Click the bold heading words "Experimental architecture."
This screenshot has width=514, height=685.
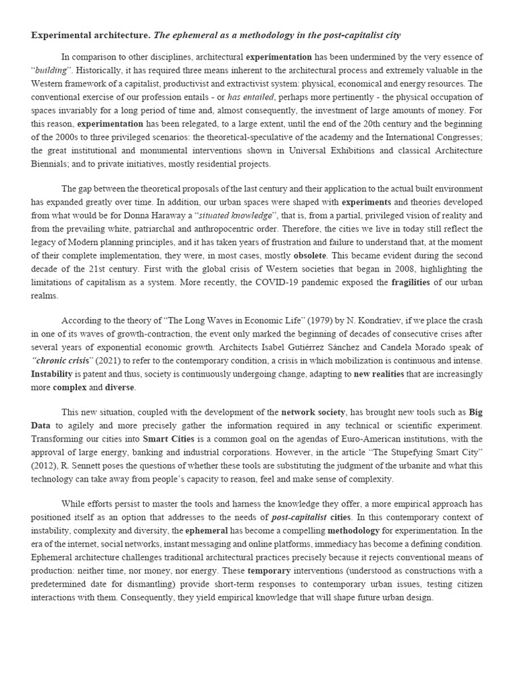91,35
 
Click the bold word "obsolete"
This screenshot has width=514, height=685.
310,256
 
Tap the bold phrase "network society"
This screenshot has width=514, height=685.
313,412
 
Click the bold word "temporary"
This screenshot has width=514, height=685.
269,571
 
